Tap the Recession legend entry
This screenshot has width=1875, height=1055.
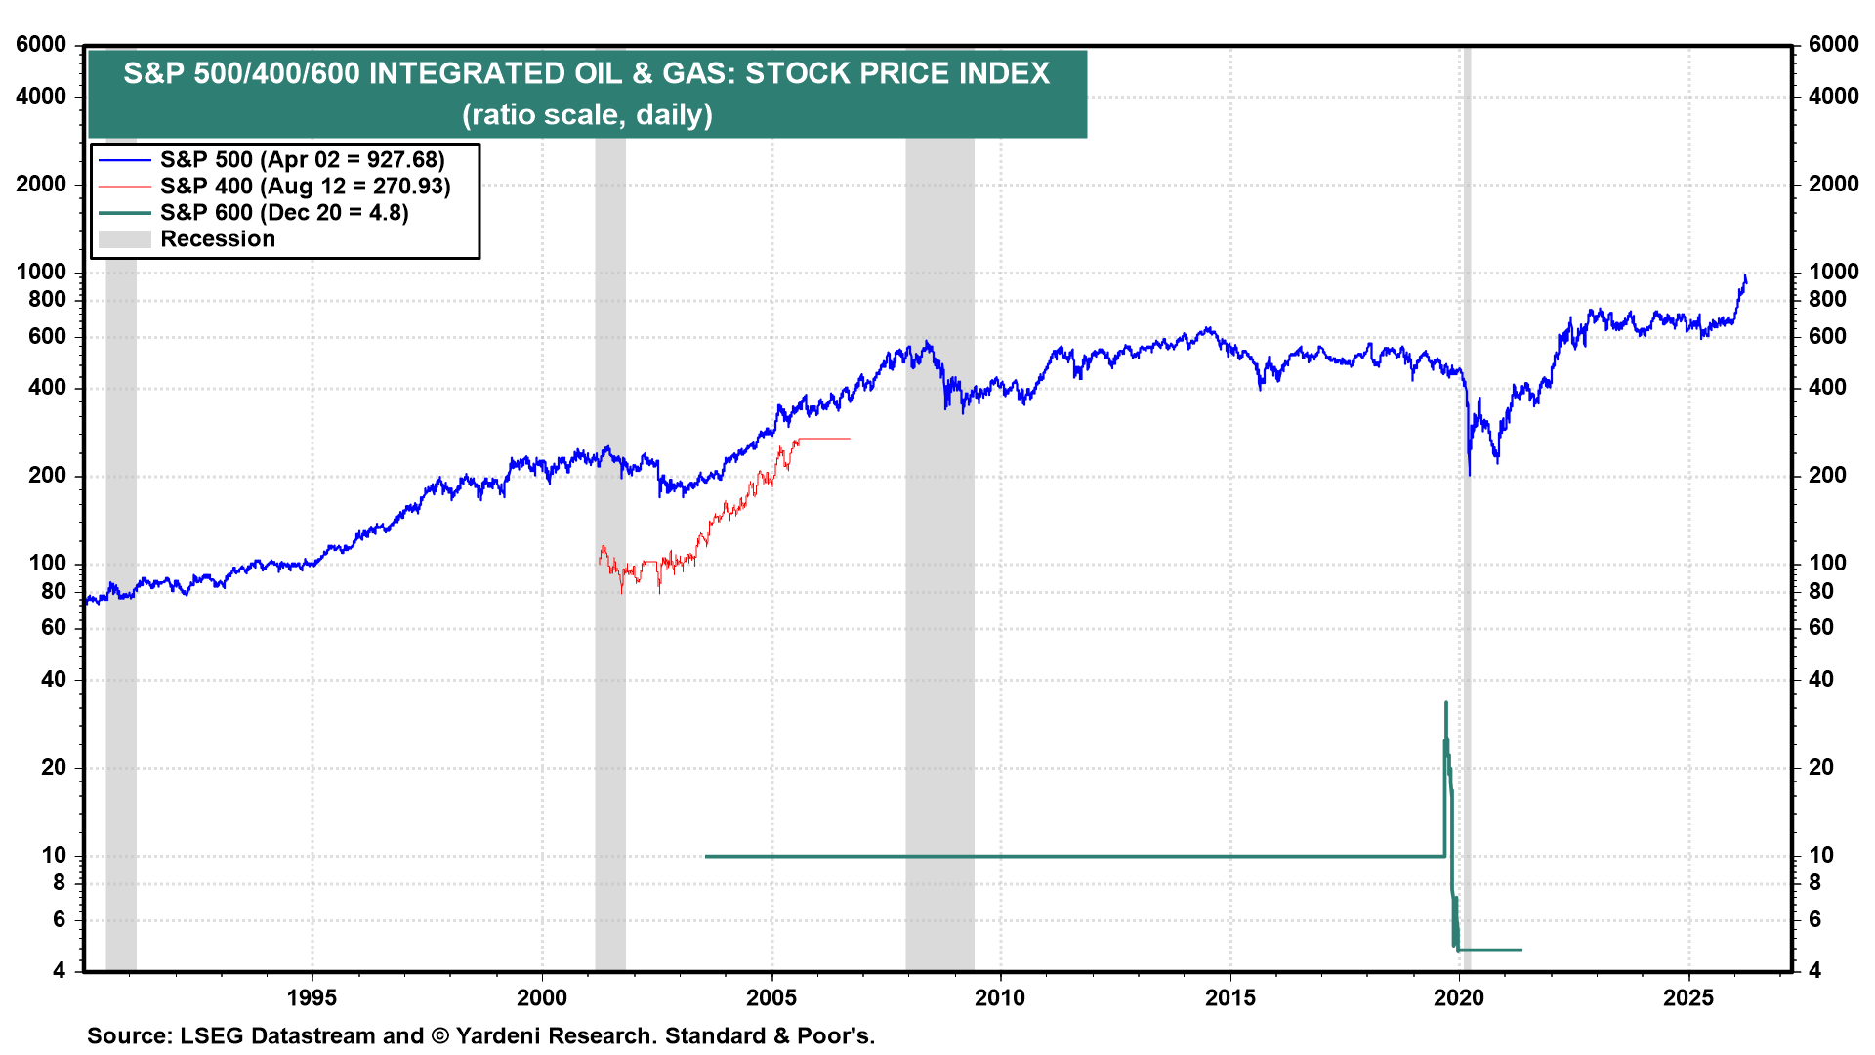click(x=217, y=239)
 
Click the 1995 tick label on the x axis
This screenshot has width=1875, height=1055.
click(x=312, y=997)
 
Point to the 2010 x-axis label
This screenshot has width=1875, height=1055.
click(x=1000, y=997)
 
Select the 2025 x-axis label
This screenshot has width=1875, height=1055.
click(x=1688, y=997)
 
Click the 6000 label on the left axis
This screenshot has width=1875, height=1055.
click(x=41, y=45)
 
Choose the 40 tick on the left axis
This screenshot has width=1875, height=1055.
click(x=54, y=679)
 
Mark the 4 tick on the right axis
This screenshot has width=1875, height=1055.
click(x=1814, y=971)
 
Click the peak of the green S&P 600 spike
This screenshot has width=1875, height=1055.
click(x=1445, y=702)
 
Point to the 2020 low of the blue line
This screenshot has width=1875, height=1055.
click(x=1469, y=475)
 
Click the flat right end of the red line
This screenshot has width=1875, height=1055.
click(x=849, y=439)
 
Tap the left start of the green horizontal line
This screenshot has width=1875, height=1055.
click(x=706, y=857)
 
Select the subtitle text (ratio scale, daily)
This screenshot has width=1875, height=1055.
click(x=587, y=115)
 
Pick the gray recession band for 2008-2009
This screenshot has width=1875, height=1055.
click(x=939, y=586)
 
